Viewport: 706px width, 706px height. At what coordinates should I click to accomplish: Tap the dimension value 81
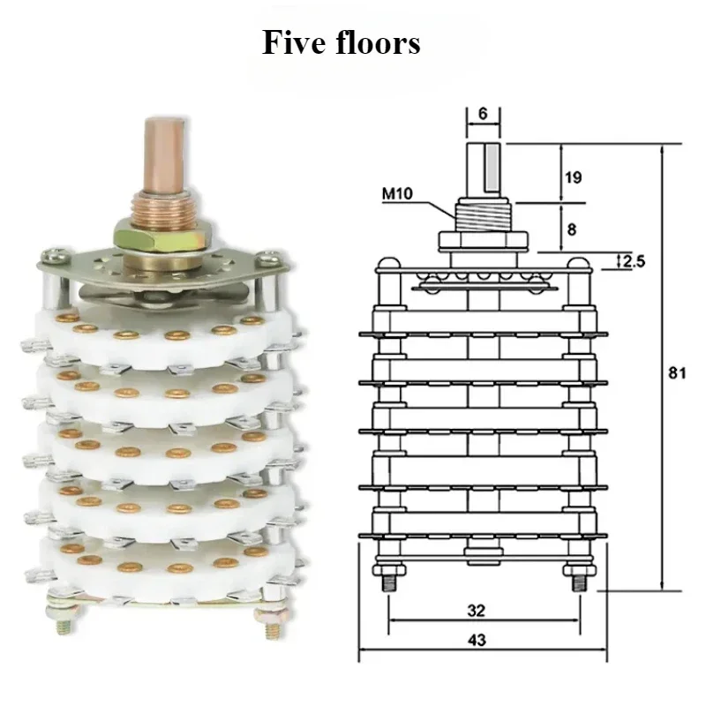[x=677, y=372]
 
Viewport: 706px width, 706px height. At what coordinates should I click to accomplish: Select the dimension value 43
[x=477, y=640]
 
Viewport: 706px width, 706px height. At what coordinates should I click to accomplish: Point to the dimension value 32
[x=477, y=610]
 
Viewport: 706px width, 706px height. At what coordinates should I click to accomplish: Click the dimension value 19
[x=573, y=177]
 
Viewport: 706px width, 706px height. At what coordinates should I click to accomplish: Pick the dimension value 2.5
[x=634, y=261]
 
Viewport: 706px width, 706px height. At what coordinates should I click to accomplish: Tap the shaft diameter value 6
[x=483, y=114]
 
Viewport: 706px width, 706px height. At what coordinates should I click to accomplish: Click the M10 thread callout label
[x=398, y=193]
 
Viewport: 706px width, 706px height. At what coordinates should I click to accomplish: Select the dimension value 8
[x=571, y=229]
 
